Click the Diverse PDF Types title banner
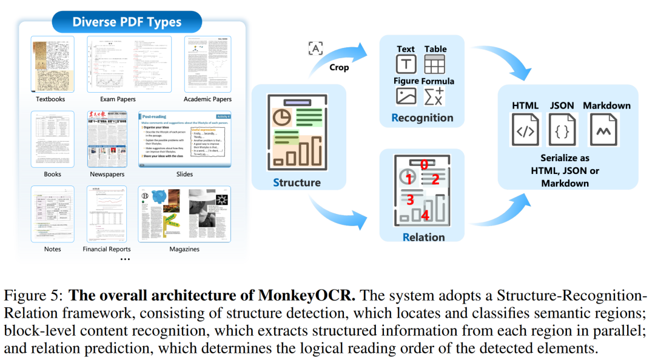click(x=127, y=22)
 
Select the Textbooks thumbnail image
click(x=53, y=64)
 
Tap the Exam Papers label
click(x=118, y=99)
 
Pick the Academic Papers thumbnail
click(x=207, y=64)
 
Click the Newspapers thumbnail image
click(x=107, y=139)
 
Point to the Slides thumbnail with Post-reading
click(x=184, y=139)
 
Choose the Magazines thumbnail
click(x=184, y=215)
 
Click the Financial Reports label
click(x=107, y=249)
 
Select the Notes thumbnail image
click(x=53, y=215)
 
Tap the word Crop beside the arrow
click(x=339, y=67)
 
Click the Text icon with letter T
click(x=406, y=64)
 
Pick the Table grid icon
click(x=435, y=64)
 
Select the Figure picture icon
click(x=406, y=96)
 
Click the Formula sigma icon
click(x=435, y=96)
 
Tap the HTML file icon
click(x=525, y=130)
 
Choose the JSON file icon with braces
click(x=562, y=130)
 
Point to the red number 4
click(x=425, y=215)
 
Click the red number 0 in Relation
click(x=424, y=164)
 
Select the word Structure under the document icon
click(x=297, y=182)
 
